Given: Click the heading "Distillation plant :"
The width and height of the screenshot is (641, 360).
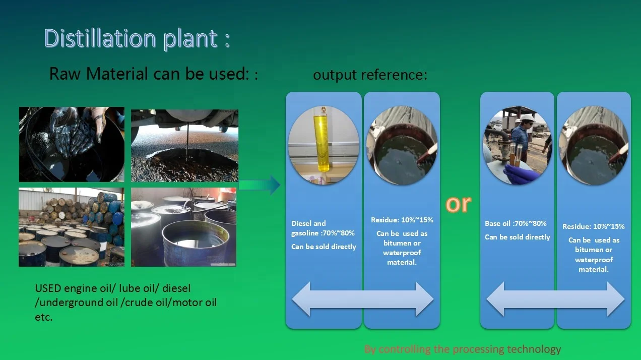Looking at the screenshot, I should point(137,38).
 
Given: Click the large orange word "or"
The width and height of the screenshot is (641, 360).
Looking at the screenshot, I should point(458,203).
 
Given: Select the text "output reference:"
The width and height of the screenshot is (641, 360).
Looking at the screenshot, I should point(370,75).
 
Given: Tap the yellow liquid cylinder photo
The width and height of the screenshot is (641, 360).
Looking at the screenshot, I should point(323,145).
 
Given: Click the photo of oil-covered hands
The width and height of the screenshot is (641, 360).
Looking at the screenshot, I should point(72,144).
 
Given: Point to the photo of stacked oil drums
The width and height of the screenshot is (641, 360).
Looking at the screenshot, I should point(72,227).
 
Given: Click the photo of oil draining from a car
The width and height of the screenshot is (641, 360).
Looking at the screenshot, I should point(183,144).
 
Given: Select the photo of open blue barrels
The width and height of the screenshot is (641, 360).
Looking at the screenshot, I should point(183,227).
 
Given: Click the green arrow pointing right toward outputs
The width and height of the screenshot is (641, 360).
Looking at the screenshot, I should point(260,185).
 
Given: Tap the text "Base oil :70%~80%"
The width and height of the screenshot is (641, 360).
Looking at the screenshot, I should point(516,223).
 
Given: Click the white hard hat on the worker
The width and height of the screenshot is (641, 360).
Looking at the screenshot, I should point(527,118).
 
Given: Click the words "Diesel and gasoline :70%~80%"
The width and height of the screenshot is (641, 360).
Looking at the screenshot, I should point(323,228).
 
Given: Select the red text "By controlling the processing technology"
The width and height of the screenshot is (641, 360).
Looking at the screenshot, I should point(462,349).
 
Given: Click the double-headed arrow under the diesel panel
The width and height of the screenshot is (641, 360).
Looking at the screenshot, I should point(363,300).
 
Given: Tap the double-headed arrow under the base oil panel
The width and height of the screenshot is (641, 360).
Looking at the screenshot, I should point(555,300).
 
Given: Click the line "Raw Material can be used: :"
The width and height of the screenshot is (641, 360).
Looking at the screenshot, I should point(154,74).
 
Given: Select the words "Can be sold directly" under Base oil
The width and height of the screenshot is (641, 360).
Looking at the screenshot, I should point(518,237).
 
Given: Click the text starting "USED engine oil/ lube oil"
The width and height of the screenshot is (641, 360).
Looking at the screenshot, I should point(126,303).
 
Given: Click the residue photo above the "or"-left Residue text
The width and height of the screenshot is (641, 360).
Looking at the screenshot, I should point(402,145).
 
